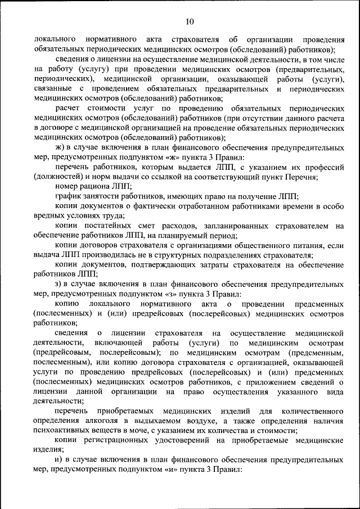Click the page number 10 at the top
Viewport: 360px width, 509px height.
[x=189, y=22]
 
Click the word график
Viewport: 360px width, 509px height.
[x=67, y=196]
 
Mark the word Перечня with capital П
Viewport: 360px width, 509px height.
[x=303, y=177]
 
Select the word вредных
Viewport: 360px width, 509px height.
[x=49, y=215]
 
